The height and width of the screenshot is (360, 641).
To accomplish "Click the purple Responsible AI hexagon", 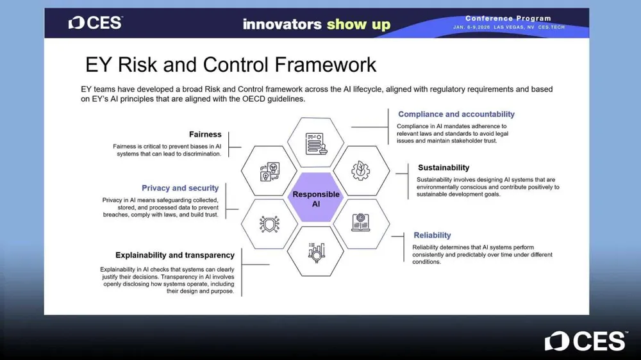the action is tap(315, 197).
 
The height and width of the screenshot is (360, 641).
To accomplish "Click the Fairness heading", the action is tap(205, 135).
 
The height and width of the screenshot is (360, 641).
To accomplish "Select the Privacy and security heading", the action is tap(180, 188).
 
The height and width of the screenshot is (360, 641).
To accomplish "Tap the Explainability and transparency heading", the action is tap(175, 256).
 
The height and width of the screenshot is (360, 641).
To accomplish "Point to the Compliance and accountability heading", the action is tap(456, 115).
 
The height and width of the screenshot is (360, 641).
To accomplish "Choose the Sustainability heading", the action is tap(444, 168).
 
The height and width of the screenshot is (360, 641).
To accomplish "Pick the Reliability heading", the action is tap(432, 235).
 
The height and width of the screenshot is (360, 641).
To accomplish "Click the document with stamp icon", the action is tap(316, 143).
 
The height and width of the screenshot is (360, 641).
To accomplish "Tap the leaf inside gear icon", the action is tap(360, 170).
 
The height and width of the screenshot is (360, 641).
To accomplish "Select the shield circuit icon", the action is tap(269, 224).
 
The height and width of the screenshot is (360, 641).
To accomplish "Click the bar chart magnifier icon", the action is tap(317, 252).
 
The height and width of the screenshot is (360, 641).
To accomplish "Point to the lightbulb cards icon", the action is tap(270, 172).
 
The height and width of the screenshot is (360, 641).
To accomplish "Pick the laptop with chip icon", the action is tap(360, 223).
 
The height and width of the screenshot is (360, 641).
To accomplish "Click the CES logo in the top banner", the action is tap(96, 23).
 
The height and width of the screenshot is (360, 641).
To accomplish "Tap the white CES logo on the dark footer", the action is tap(586, 341).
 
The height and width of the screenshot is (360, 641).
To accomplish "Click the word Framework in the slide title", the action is tap(325, 65).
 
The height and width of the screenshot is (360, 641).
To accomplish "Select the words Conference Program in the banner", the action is tap(508, 19).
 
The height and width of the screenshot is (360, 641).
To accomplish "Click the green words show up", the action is tap(358, 24).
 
